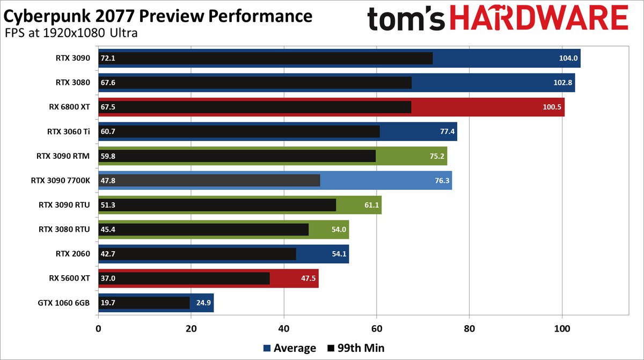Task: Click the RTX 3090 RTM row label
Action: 63,156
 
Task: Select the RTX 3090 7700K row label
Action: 61,181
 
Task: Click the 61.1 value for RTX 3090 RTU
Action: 372,205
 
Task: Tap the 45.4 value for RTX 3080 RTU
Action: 108,230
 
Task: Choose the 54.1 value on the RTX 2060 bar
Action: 339,254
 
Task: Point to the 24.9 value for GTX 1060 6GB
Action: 204,303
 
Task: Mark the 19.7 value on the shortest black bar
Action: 108,303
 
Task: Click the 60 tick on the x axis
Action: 377,328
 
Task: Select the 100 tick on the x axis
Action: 562,328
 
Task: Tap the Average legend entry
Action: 290,348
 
